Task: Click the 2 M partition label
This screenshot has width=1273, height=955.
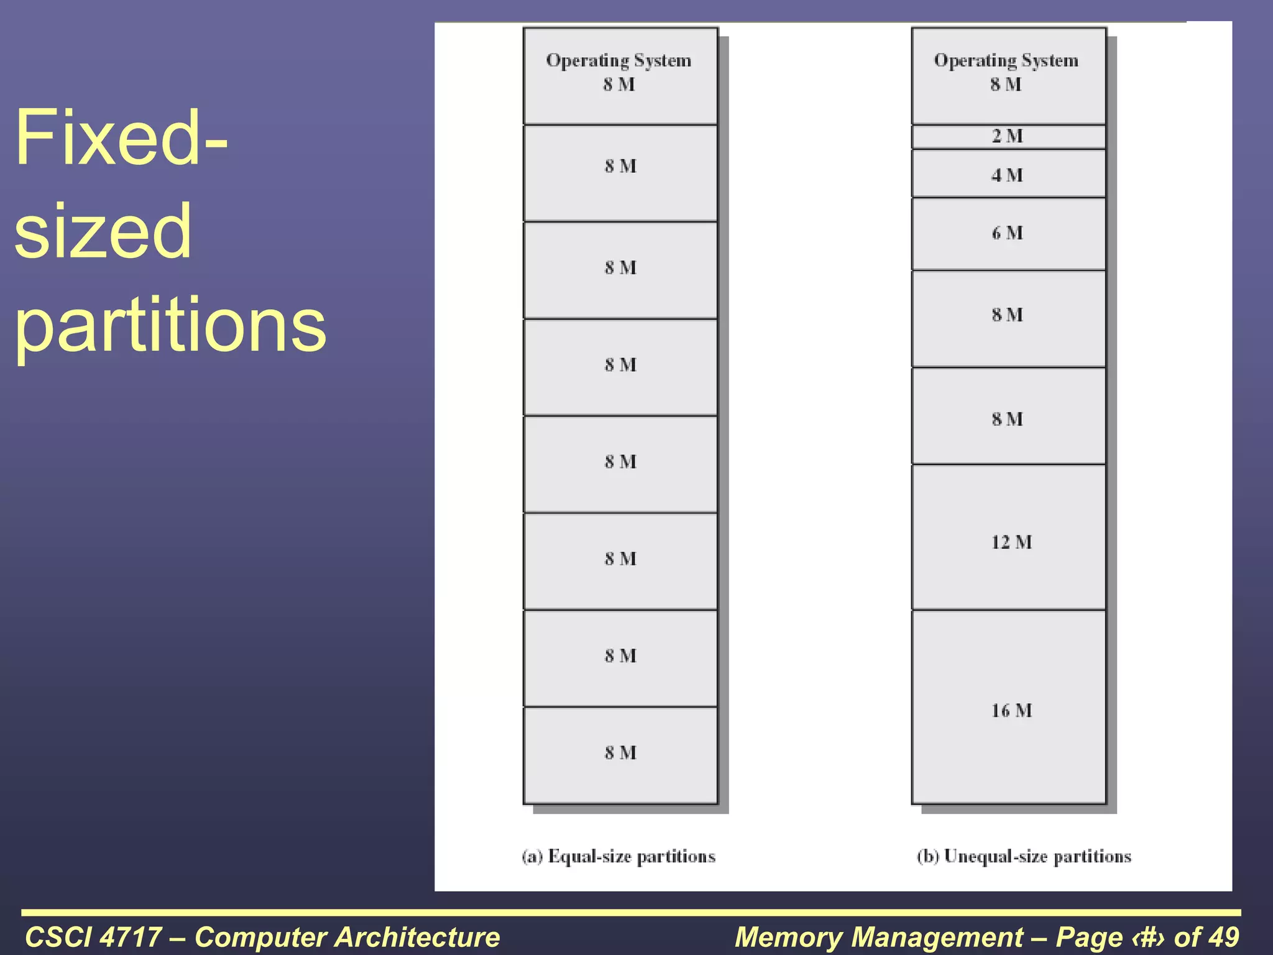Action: [1007, 136]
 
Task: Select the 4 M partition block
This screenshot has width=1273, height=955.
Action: [1008, 174]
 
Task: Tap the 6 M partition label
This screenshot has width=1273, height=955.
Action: [1007, 233]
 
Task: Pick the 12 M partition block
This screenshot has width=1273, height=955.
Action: [1008, 538]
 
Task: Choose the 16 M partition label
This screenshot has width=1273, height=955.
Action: [1011, 711]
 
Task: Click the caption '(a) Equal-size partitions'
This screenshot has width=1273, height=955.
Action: [618, 857]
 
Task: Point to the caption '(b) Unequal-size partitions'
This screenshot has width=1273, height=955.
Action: [1024, 857]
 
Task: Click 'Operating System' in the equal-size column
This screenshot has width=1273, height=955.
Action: [618, 61]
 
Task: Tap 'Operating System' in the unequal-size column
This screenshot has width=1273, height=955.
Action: [1006, 61]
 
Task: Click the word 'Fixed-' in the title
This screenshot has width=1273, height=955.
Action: [121, 138]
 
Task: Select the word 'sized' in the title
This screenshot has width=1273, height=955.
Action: [103, 231]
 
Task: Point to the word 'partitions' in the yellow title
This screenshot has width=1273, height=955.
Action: [170, 325]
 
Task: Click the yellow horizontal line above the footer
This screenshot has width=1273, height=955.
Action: [631, 913]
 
